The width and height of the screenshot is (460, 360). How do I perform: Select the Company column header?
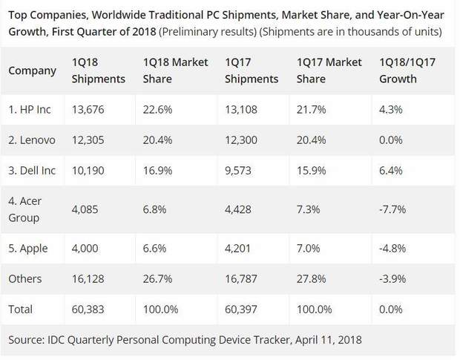pyautogui.click(x=32, y=71)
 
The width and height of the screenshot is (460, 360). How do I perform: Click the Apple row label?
pyautogui.click(x=29, y=247)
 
